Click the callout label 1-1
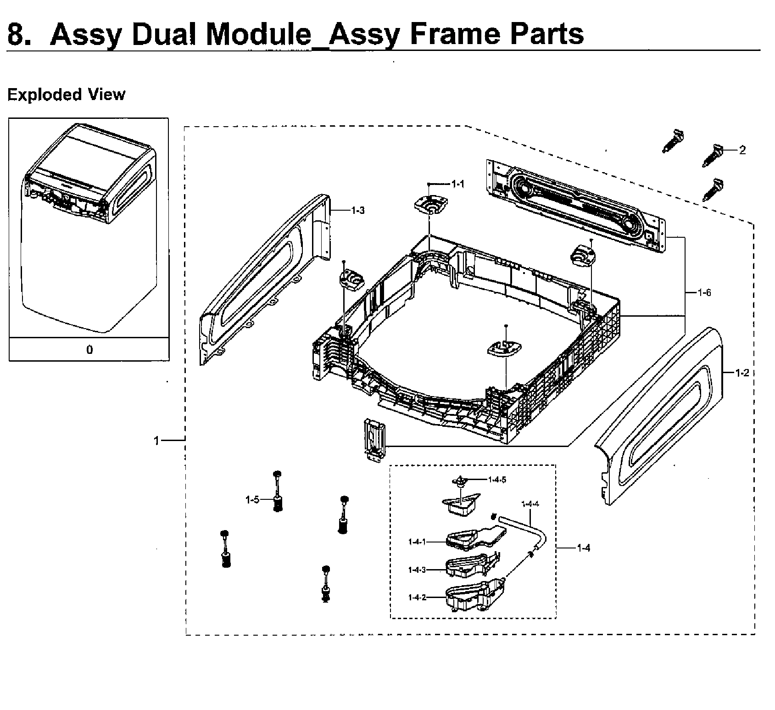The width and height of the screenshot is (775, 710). point(457,184)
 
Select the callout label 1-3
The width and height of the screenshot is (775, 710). point(358,211)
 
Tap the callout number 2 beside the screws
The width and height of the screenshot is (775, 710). point(742,150)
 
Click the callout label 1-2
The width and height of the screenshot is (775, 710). point(742,373)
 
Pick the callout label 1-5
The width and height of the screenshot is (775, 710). point(252,500)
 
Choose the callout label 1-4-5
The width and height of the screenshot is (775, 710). point(497,480)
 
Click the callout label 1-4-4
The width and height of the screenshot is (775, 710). point(530,504)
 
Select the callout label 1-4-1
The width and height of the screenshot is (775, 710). point(417,542)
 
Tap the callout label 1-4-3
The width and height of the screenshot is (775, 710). point(417,570)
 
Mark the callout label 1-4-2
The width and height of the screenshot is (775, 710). point(417,598)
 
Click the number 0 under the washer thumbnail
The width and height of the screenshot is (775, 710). point(89,350)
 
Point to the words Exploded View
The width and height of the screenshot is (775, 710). point(67,95)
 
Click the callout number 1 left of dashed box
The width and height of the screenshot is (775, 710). point(156,441)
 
